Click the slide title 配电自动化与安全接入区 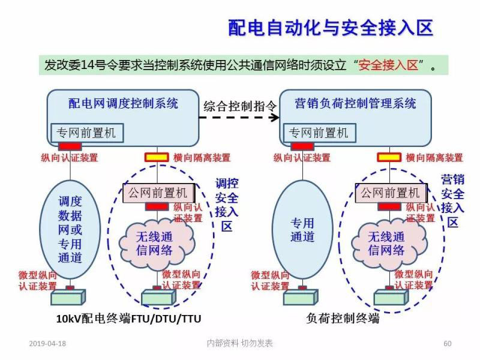point(330,28)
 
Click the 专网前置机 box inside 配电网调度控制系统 point(86,133)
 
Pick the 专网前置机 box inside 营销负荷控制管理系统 point(319,133)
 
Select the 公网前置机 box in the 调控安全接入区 point(157,193)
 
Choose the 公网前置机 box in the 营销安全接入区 point(389,193)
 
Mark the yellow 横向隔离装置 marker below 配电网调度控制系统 point(157,158)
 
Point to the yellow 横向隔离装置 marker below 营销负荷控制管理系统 point(389,158)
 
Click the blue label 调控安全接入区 point(227,205)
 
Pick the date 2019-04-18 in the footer point(47,343)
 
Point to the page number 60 point(447,343)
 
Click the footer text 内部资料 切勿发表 point(239,343)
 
